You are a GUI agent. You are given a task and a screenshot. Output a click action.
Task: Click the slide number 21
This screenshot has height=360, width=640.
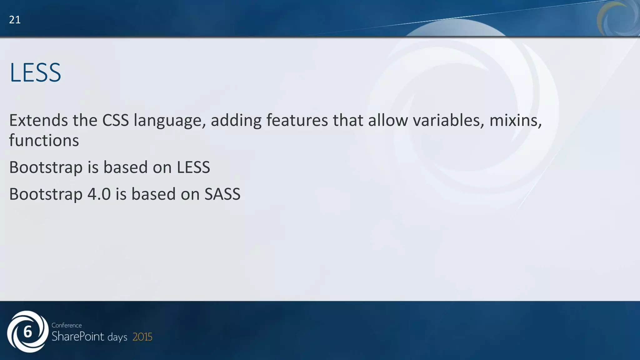click(15, 20)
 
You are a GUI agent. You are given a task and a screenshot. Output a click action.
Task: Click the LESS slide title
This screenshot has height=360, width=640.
click(35, 73)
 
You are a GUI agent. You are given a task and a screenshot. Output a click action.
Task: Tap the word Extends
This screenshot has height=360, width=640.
click(38, 120)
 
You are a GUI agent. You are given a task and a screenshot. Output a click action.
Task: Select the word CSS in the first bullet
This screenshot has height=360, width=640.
click(115, 120)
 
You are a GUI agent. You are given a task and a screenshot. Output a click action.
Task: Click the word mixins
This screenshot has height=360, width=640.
click(515, 120)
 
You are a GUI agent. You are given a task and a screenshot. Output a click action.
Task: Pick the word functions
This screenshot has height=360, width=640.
click(44, 140)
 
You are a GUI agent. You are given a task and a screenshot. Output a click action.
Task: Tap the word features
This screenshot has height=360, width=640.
click(297, 120)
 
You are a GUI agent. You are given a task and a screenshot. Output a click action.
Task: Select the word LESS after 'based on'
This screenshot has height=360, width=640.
click(193, 167)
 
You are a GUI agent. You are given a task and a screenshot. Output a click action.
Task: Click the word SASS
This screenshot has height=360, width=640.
click(222, 194)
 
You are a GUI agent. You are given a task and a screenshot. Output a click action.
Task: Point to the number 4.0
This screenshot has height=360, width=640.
click(99, 194)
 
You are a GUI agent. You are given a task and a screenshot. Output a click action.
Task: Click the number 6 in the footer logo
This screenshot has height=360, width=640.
click(27, 332)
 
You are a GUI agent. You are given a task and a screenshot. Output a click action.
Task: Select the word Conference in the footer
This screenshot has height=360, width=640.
click(67, 325)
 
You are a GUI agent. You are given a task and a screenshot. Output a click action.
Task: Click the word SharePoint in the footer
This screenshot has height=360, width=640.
click(78, 337)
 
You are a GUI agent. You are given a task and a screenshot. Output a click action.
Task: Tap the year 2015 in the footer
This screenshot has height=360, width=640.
click(142, 337)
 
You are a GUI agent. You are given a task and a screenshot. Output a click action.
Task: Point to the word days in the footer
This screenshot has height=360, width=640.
click(117, 337)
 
